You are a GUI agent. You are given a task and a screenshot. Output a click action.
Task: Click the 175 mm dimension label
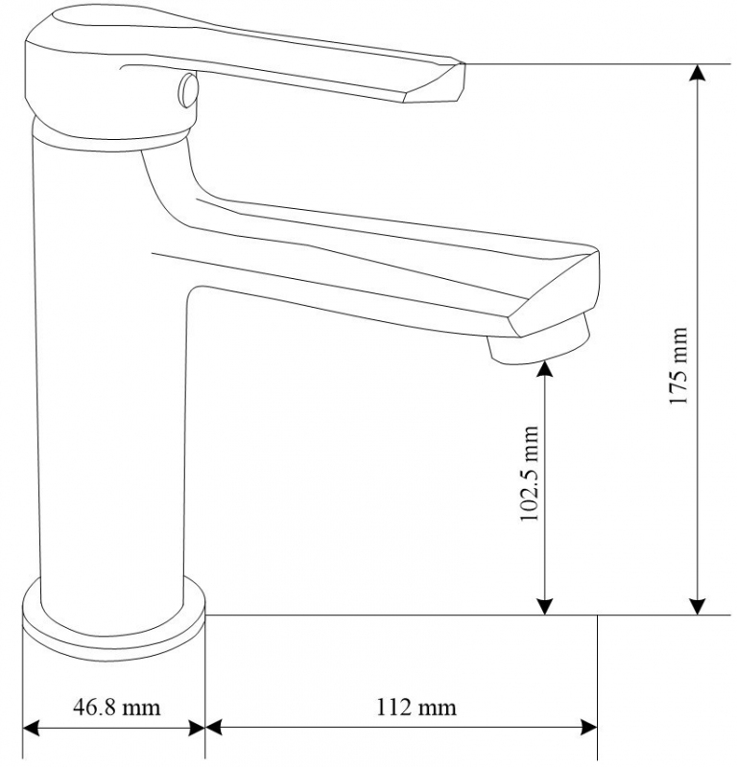pos(679,366)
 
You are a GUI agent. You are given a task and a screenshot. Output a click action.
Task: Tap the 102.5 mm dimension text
pos(529,474)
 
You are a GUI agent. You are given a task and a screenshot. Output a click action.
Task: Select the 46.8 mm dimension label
pos(116,708)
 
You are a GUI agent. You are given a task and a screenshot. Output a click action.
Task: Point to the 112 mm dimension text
pos(416,708)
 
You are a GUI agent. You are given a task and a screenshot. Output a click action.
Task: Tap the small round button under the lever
pos(188,90)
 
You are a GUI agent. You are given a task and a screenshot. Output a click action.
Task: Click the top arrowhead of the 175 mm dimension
pos(698,74)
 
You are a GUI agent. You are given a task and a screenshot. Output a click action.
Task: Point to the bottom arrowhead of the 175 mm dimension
pos(698,606)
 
